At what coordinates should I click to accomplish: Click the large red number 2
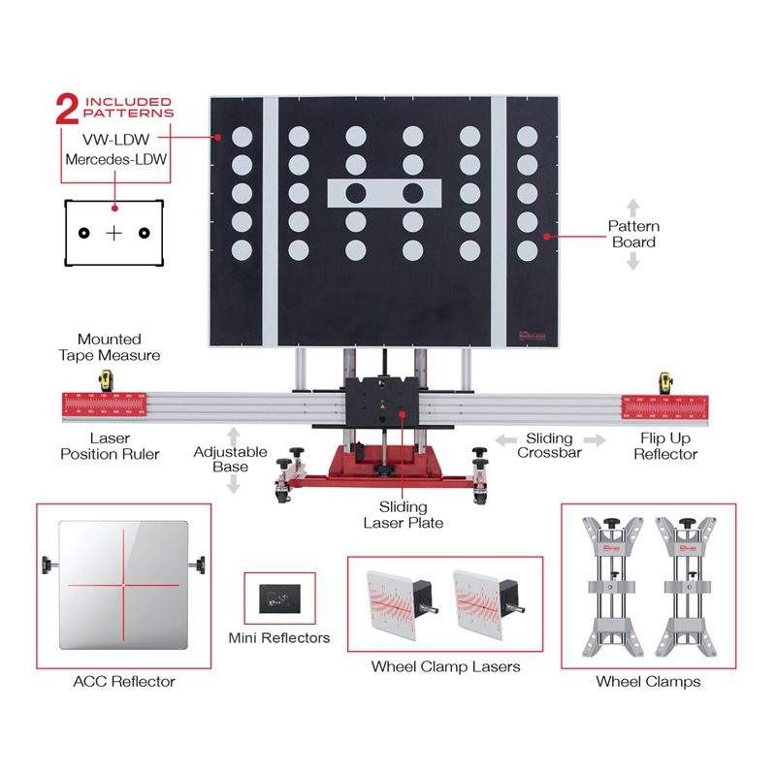click(x=67, y=109)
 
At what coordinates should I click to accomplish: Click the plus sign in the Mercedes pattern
click(x=114, y=233)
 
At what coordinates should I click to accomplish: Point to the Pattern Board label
click(x=632, y=234)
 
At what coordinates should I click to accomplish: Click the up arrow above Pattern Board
click(x=632, y=206)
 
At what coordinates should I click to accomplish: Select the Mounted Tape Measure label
click(x=110, y=347)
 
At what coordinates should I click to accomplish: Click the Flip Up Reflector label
click(x=665, y=446)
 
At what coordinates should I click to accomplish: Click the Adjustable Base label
click(x=230, y=459)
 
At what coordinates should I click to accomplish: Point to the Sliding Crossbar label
click(x=549, y=446)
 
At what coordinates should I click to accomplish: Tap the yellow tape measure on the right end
click(x=666, y=381)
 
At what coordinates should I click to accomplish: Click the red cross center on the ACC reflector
click(x=123, y=585)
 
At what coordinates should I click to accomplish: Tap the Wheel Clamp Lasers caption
click(x=445, y=666)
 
